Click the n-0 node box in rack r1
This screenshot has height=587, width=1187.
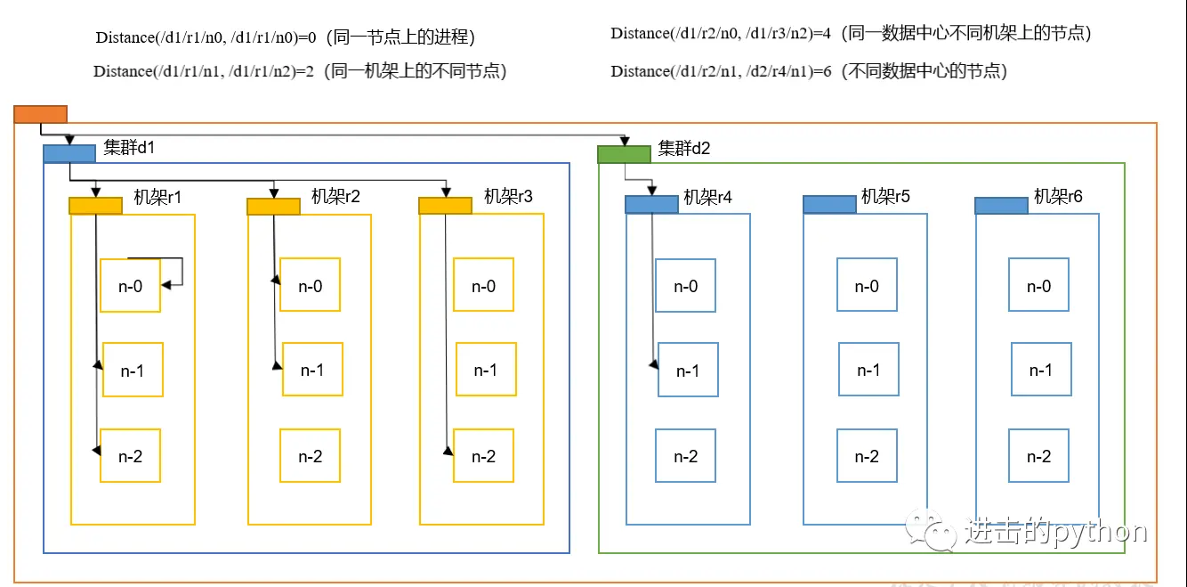[130, 286]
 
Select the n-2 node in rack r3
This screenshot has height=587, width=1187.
[483, 456]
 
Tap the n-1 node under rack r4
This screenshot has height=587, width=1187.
[688, 370]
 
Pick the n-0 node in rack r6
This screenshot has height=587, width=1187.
[1038, 286]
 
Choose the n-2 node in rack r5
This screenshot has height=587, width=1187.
[867, 456]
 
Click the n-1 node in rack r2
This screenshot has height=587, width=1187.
[311, 370]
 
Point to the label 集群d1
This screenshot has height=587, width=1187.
[129, 148]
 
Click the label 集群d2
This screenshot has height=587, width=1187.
[683, 148]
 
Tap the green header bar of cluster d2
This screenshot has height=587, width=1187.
[624, 154]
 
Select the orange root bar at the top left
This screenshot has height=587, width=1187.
[40, 113]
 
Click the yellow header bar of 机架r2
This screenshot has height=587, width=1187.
[273, 206]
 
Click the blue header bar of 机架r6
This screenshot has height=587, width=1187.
[1001, 206]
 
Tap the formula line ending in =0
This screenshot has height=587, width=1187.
[285, 37]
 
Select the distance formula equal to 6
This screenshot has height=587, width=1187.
[808, 71]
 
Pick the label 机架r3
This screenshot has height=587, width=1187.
[508, 196]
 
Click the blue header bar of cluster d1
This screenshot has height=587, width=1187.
[69, 153]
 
